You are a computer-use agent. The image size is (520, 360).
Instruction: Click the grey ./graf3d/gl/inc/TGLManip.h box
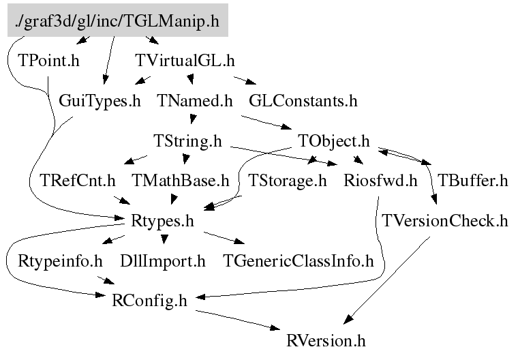click(x=117, y=21)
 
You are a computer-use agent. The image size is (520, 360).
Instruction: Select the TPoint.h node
click(x=49, y=61)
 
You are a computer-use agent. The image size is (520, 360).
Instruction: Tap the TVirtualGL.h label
click(x=185, y=61)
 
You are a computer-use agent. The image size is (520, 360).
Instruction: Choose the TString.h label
click(x=188, y=141)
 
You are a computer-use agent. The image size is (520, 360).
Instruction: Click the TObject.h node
click(x=334, y=141)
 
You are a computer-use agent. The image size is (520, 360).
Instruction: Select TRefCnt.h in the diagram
click(x=78, y=181)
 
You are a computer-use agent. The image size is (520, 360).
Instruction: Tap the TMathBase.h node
click(x=181, y=181)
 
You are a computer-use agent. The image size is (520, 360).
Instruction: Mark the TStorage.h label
click(x=287, y=181)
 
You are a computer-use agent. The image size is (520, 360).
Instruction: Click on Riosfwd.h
click(x=380, y=181)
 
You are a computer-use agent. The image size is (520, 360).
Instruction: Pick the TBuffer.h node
click(x=472, y=181)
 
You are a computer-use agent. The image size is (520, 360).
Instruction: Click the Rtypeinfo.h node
click(x=60, y=260)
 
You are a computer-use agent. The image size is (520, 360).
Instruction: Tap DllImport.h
click(x=162, y=260)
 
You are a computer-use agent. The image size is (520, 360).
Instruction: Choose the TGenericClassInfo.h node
click(x=299, y=260)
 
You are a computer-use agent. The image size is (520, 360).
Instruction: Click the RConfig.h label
click(x=149, y=301)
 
